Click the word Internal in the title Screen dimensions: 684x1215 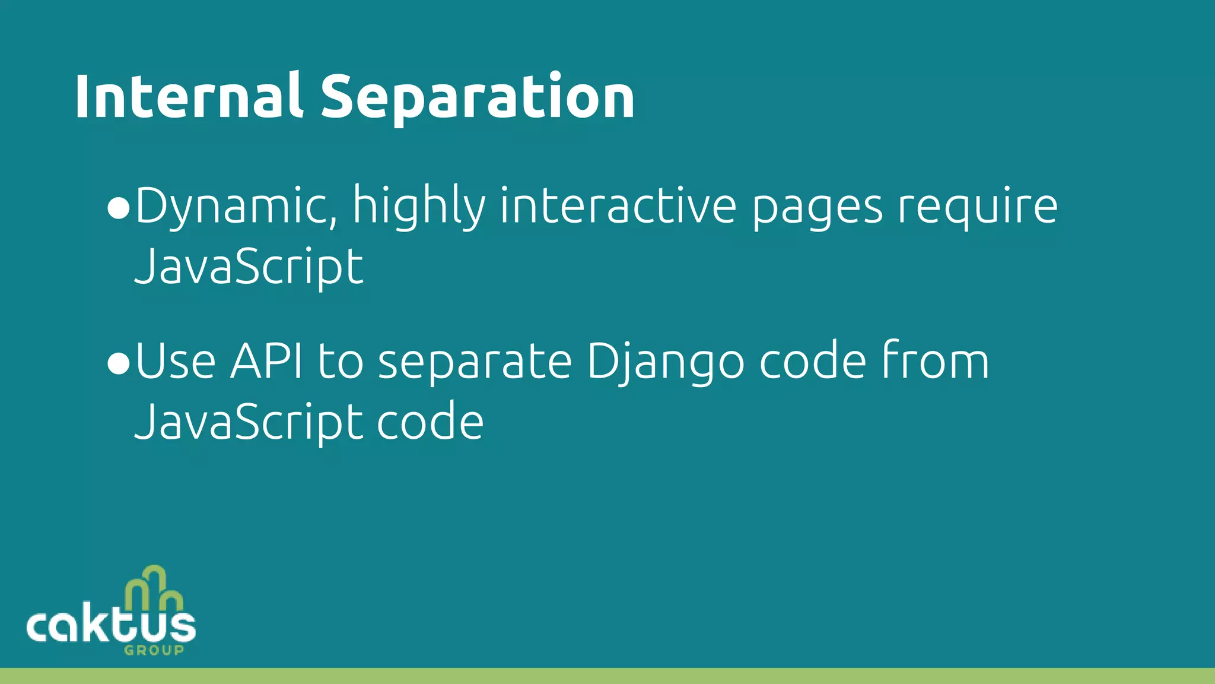tap(188, 97)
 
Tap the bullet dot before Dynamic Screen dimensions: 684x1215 tap(119, 208)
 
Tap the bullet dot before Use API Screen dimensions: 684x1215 tap(119, 363)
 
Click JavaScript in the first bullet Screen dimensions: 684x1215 tap(249, 268)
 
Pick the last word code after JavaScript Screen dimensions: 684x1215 tap(430, 422)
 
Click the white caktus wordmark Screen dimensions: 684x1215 tap(111, 626)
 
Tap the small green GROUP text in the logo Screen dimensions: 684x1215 tap(154, 650)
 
